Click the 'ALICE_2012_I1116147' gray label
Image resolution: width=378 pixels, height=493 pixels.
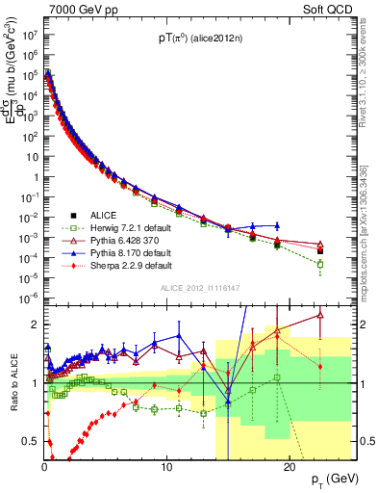[x=199, y=288]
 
